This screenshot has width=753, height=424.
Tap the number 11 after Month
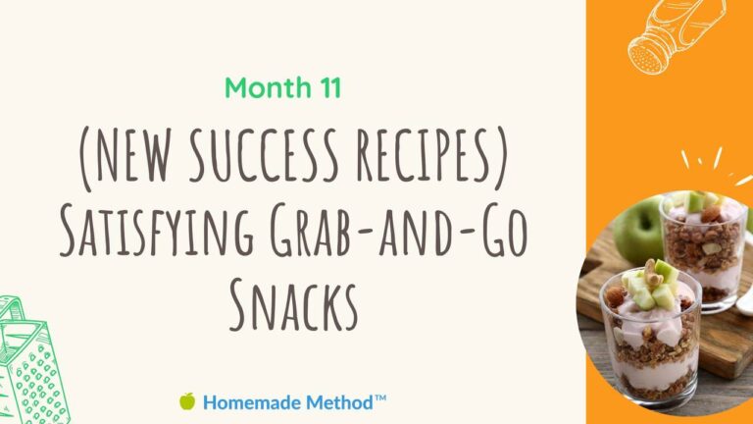pos(329,87)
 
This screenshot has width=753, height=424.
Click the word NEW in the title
pos(133,154)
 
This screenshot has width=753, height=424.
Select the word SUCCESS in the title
pos(264,155)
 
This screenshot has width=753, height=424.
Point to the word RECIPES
pos(424,155)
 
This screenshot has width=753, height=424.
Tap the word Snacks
pos(293,305)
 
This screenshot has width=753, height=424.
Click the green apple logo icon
pos(187,400)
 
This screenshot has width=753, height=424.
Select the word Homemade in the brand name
pos(252,402)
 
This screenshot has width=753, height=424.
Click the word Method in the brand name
pos(339,402)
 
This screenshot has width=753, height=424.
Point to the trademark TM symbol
pos(380,398)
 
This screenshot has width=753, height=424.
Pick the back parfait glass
pos(705,250)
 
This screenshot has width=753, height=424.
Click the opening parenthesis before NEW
pos(86,158)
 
